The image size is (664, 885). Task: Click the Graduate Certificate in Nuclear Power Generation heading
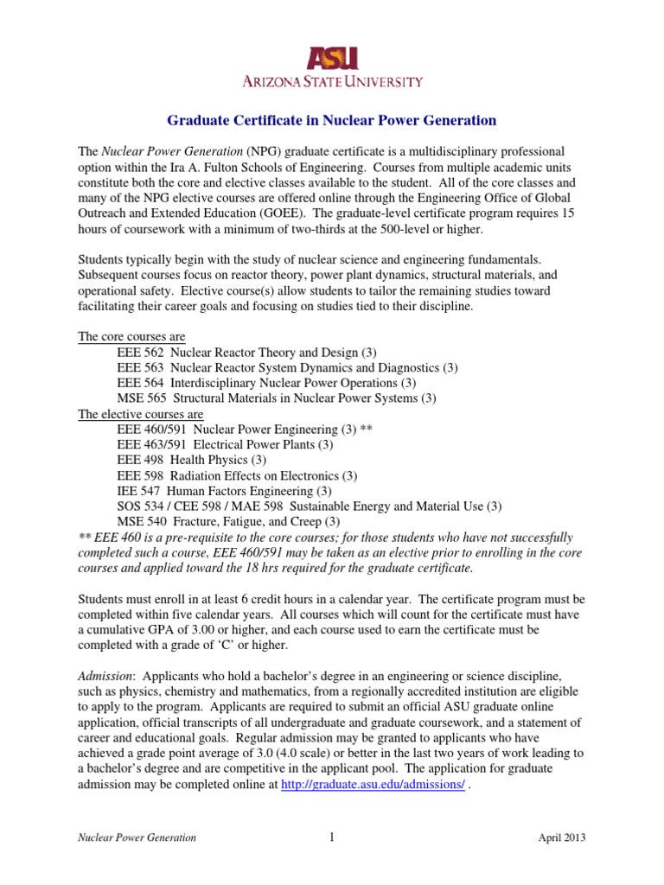tap(331, 120)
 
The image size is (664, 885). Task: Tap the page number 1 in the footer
tap(332, 837)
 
